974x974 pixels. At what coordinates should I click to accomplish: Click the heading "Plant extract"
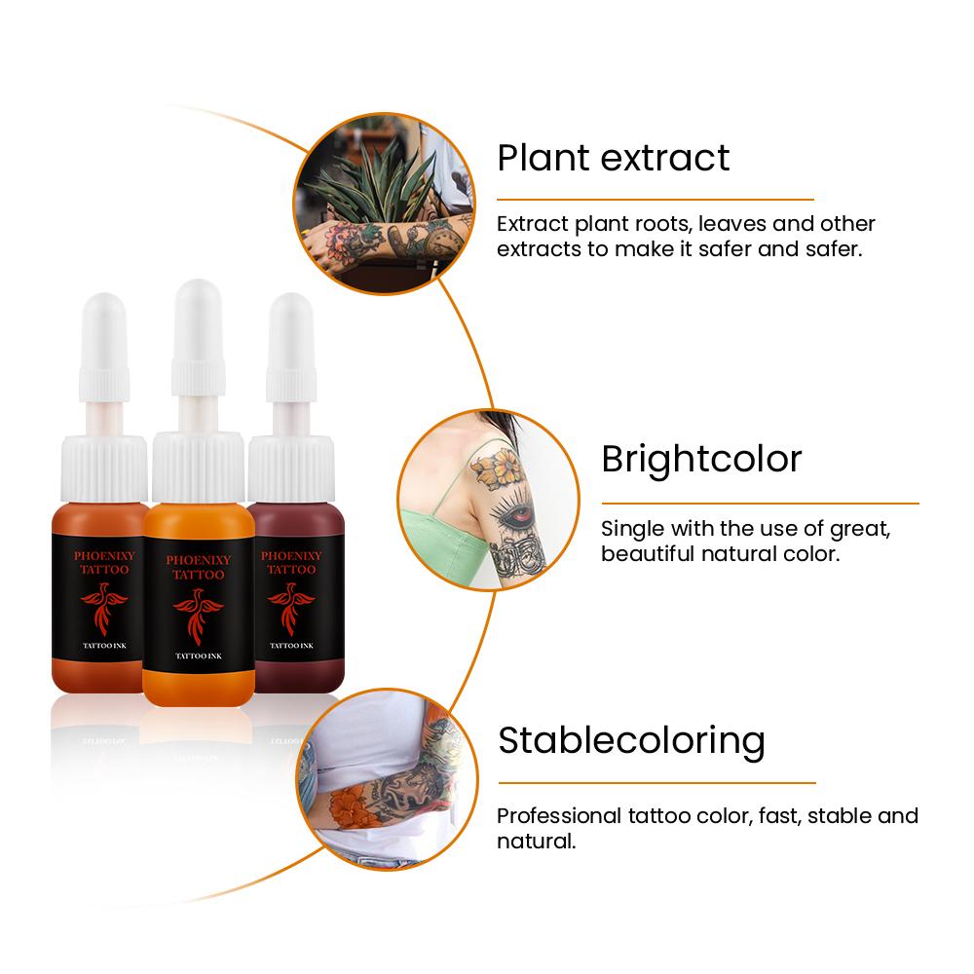(613, 158)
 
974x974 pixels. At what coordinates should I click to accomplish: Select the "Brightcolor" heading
(701, 460)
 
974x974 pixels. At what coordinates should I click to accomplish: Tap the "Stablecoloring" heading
(631, 741)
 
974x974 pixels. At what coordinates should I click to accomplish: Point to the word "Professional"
(559, 815)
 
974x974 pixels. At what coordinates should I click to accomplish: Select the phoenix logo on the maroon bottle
(291, 609)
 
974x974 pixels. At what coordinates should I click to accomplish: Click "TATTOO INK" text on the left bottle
(104, 646)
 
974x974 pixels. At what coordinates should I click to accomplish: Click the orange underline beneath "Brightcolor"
(761, 504)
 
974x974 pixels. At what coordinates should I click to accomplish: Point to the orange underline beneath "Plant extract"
(656, 200)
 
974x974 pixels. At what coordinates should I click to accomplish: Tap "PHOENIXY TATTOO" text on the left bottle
(104, 562)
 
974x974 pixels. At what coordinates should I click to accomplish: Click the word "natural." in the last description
(536, 842)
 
